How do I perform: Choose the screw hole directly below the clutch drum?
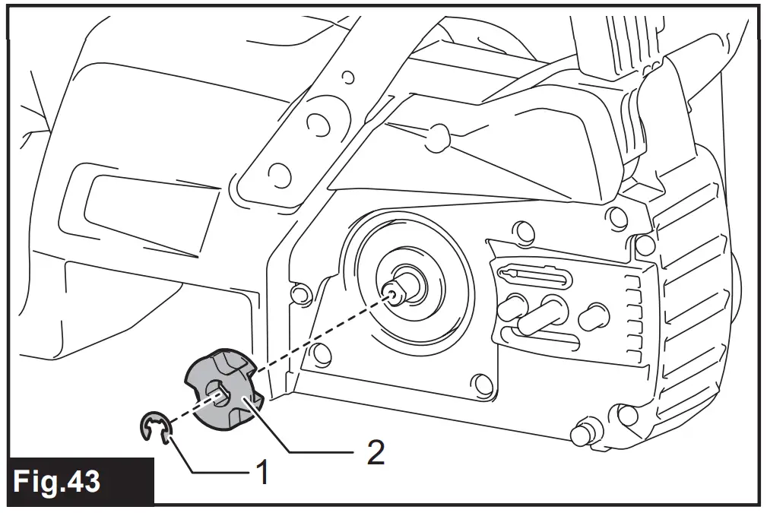pos(479,382)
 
